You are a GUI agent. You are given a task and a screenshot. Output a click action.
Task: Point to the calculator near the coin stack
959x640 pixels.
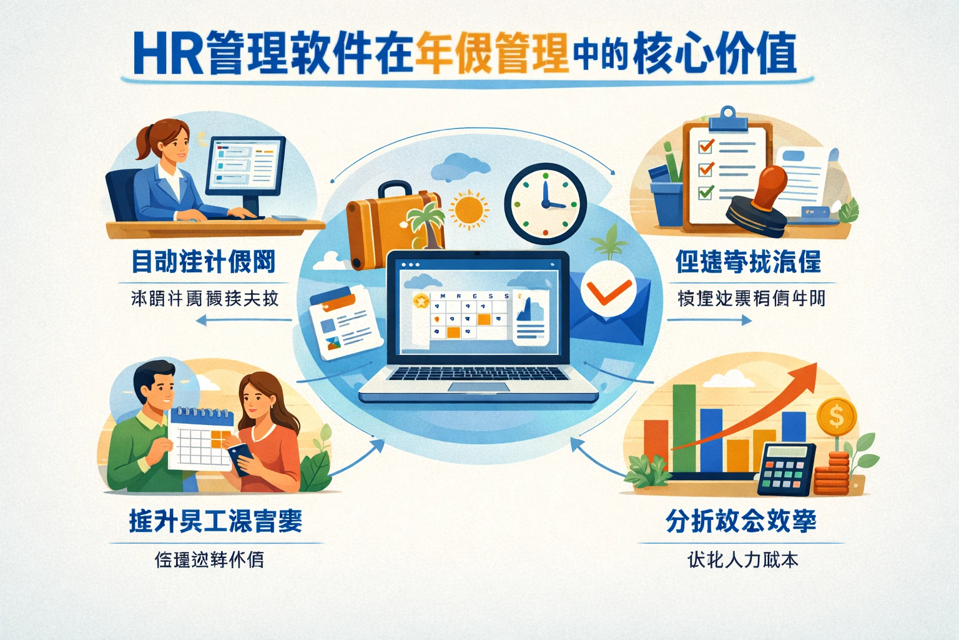tap(786, 469)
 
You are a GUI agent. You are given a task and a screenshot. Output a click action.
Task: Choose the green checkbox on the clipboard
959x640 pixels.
tap(706, 191)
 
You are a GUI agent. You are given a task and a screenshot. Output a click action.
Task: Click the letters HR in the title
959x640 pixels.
tap(167, 54)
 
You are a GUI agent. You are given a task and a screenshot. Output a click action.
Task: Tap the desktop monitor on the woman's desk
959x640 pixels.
tap(245, 165)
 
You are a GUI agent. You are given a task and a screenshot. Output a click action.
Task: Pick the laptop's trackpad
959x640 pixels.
tap(477, 387)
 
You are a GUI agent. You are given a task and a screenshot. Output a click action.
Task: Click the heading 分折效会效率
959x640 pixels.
tap(740, 521)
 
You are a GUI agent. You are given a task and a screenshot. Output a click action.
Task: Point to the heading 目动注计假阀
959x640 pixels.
tap(204, 262)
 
